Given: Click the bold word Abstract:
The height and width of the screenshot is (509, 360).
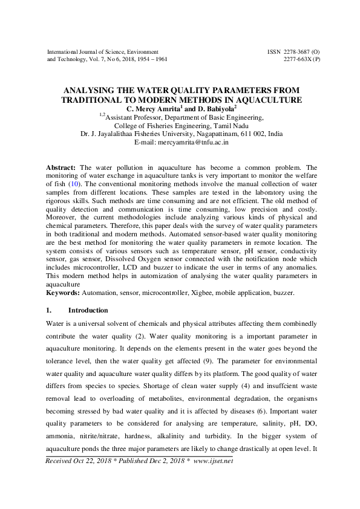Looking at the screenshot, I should pyautogui.click(x=62, y=166).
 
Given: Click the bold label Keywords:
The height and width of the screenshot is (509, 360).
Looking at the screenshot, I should pyautogui.click(x=64, y=293).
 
